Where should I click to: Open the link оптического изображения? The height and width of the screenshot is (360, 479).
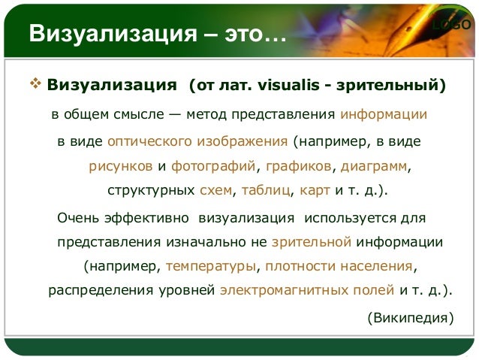(x=198, y=141)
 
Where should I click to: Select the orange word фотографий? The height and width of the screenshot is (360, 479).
(x=214, y=165)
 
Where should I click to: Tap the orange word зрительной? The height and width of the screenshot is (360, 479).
(x=312, y=242)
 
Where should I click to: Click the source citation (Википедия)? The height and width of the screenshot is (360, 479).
(x=410, y=317)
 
